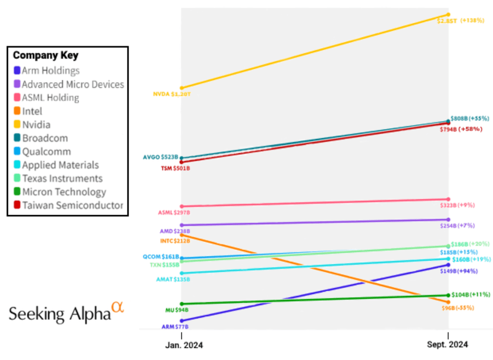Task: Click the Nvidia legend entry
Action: tap(36, 125)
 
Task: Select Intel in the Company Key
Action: tap(32, 111)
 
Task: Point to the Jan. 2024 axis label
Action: tap(181, 345)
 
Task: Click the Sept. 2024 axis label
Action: tap(448, 345)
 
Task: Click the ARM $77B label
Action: tap(175, 327)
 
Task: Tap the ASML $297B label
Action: tap(174, 212)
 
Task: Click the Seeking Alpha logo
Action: tap(66, 312)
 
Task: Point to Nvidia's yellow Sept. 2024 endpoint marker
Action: tap(448, 14)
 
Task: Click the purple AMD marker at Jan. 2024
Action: tap(181, 225)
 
